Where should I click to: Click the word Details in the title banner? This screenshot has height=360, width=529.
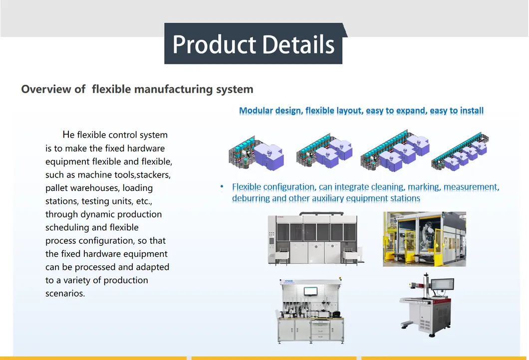tap(298, 44)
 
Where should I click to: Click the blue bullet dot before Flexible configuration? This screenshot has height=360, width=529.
tap(222, 186)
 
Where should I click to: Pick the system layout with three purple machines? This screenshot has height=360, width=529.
tap(395, 151)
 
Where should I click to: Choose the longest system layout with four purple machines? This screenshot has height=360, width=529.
tap(460, 152)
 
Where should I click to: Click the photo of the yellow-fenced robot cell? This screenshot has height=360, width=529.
tap(424, 239)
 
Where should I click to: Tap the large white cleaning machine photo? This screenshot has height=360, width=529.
tap(315, 238)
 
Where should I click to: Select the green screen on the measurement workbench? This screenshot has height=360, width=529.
tap(310, 291)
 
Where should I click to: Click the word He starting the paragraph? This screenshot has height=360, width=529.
tap(68, 135)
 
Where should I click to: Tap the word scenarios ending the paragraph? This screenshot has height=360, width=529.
tap(65, 293)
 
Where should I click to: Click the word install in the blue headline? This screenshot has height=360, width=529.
tap(471, 111)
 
